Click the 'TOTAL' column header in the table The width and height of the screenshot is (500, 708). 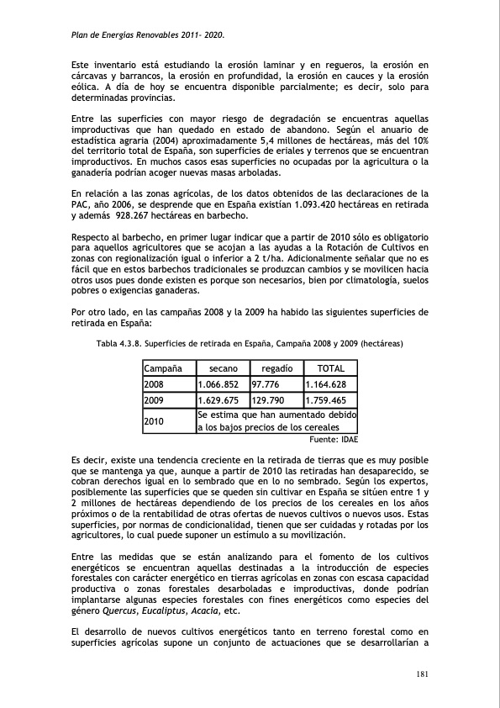(x=330, y=368)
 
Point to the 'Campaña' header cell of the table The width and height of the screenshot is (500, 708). (x=165, y=368)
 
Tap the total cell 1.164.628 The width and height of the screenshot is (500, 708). (x=331, y=384)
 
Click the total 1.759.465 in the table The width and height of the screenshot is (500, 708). (x=331, y=400)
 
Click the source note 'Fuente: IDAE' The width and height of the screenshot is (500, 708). (x=334, y=439)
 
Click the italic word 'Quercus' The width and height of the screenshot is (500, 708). (x=115, y=611)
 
